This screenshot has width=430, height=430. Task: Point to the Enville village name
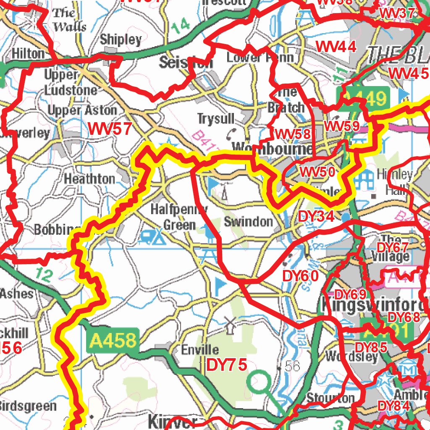pyautogui.click(x=200, y=349)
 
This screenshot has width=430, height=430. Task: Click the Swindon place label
pyautogui.click(x=248, y=222)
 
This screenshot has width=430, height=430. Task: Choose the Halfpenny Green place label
pyautogui.click(x=179, y=217)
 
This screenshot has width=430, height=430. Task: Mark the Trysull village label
pyautogui.click(x=216, y=119)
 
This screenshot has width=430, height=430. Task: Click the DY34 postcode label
pyautogui.click(x=316, y=217)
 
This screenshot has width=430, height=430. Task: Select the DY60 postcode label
pyautogui.click(x=300, y=276)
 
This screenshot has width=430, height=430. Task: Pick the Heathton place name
pyautogui.click(x=89, y=179)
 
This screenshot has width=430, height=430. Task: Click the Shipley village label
pyautogui.click(x=121, y=40)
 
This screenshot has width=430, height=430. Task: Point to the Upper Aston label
pyautogui.click(x=82, y=110)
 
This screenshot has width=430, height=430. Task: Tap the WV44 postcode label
pyautogui.click(x=336, y=47)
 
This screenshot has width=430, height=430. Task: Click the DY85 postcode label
pyautogui.click(x=371, y=347)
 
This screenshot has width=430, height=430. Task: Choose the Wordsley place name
pyautogui.click(x=351, y=357)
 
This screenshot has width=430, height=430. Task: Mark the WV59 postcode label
pyautogui.click(x=341, y=126)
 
